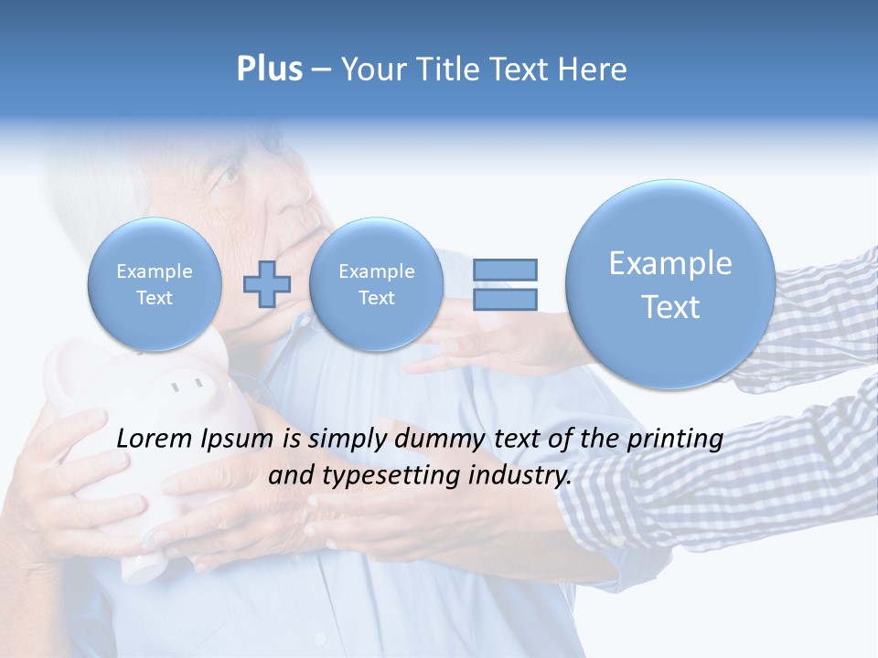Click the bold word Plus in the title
click(269, 69)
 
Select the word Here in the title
click(593, 69)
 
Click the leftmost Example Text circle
click(154, 284)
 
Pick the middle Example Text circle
click(376, 284)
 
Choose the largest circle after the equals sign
click(670, 284)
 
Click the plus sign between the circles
click(266, 284)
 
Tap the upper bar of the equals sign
click(504, 270)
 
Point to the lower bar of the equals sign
click(504, 299)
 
